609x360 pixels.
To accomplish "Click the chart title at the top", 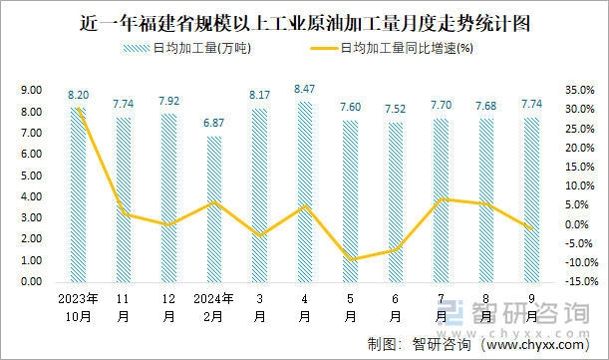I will [304, 22].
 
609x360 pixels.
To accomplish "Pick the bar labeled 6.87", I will [214, 208].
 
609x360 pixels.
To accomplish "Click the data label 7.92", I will [168, 101].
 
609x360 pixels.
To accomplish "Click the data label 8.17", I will [259, 96].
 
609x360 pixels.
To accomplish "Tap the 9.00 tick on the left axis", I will [30, 90].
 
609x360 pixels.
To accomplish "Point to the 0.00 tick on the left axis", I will [30, 281].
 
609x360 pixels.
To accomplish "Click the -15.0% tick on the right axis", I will [577, 281].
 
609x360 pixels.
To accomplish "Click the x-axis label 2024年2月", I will [213, 307].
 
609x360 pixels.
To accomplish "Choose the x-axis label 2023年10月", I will [78, 307].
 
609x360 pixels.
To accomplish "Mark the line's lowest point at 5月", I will [350, 260].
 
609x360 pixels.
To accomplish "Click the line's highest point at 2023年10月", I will [79, 108].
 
